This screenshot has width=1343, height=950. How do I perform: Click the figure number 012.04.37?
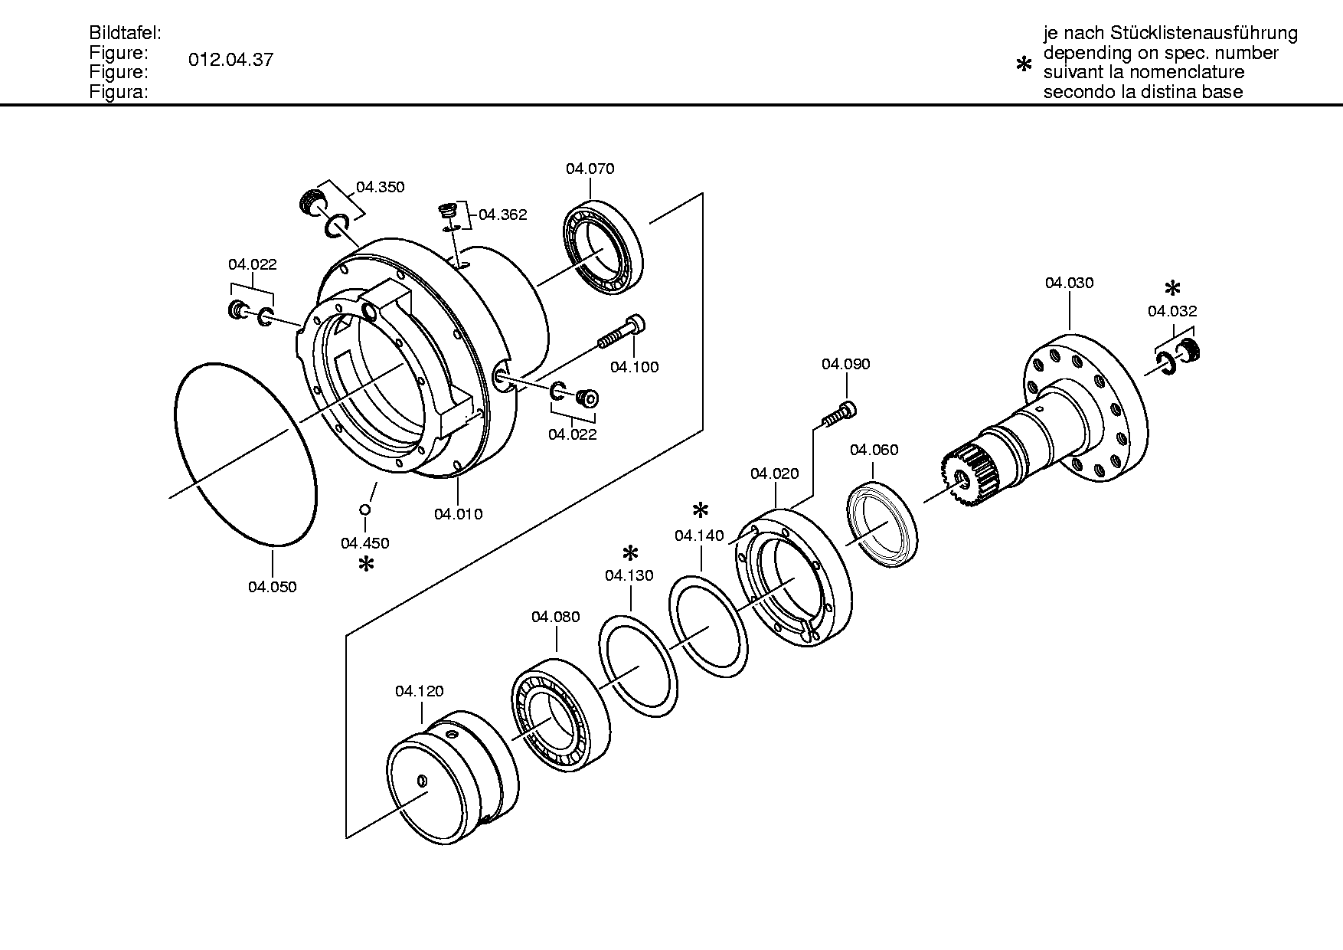[230, 60]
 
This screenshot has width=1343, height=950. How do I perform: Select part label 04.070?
[590, 169]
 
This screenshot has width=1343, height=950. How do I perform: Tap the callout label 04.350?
[381, 187]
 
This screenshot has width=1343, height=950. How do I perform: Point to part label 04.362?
[503, 215]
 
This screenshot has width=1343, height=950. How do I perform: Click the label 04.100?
[634, 367]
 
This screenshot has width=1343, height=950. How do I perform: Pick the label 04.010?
[459, 514]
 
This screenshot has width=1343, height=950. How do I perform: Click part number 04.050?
[272, 587]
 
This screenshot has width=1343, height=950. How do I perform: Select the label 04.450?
[365, 543]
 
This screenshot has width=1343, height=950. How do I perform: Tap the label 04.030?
[1070, 283]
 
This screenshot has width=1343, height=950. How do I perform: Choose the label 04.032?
[1172, 311]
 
